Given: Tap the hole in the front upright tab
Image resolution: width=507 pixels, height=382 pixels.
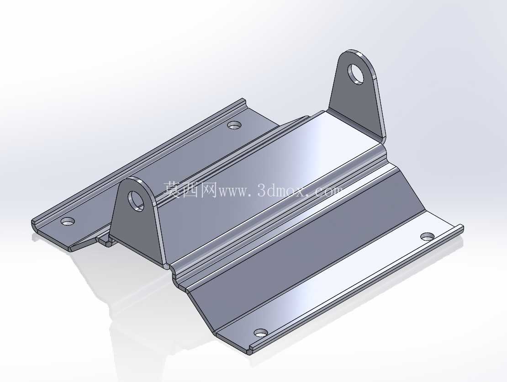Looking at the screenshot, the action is coord(136,201).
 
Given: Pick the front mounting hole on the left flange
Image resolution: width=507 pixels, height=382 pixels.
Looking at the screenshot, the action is coord(68,222).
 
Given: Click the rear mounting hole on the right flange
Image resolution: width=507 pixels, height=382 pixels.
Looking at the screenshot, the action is coord(428,236).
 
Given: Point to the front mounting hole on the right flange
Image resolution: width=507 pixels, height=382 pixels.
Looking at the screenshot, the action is coord(261,333).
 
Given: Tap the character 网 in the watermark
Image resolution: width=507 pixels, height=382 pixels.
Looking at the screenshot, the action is coord(209,190).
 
